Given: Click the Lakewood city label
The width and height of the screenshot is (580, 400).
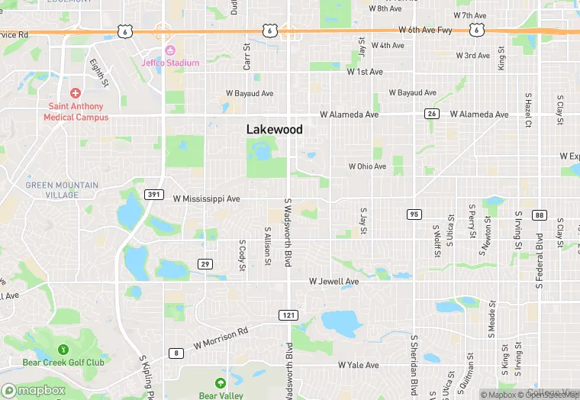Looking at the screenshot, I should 274,130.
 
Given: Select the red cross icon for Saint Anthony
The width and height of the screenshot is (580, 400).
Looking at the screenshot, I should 76,93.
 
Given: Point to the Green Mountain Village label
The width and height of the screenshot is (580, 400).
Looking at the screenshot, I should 62,189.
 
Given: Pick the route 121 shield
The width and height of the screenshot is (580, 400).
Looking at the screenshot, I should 288,315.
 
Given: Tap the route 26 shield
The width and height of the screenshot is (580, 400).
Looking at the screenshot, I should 433,114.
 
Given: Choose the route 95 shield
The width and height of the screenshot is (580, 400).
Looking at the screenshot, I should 414,214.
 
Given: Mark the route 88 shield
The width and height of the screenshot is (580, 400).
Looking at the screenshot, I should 539,215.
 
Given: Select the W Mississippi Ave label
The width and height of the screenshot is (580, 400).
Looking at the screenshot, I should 206,198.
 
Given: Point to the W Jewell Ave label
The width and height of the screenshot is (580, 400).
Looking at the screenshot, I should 333,282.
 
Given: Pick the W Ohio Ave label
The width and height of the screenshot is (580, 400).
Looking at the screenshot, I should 368,166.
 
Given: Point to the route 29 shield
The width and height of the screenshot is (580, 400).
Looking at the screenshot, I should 205,263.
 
